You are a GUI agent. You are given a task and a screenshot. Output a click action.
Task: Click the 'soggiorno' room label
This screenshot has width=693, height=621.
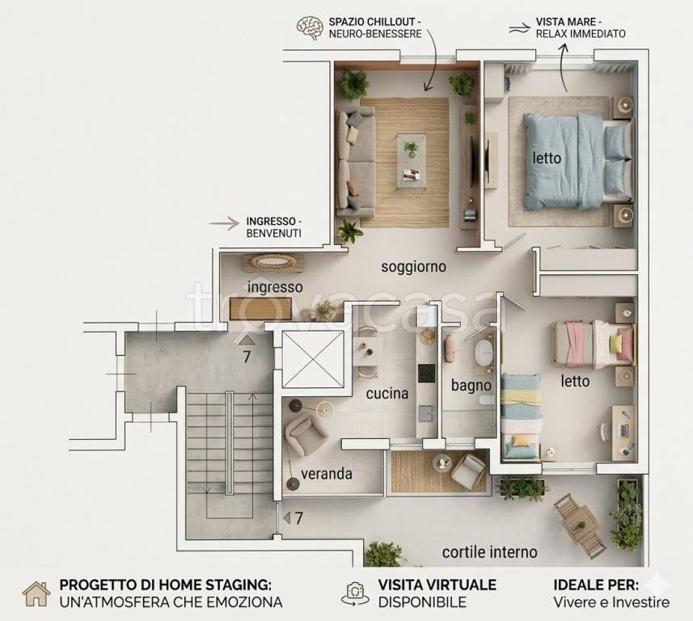click(414, 267)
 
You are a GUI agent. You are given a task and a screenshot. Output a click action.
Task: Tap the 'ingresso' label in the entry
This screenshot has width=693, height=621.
click(275, 287)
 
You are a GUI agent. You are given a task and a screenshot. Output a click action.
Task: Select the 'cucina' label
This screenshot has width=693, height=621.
click(387, 393)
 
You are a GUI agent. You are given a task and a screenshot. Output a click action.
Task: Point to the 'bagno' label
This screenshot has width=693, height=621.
click(471, 386)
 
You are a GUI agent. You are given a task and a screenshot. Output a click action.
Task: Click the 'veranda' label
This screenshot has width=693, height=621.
click(327, 474)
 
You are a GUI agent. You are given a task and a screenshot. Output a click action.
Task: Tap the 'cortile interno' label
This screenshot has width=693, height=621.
click(490, 552)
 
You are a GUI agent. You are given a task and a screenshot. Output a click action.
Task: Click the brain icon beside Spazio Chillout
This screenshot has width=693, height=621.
click(311, 27)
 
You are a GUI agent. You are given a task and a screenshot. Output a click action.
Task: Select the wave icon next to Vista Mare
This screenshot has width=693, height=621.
click(519, 28)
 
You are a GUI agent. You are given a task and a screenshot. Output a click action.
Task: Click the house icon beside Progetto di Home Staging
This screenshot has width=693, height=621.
click(36, 594)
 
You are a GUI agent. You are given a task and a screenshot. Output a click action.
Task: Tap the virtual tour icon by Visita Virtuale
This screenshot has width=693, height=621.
click(355, 594)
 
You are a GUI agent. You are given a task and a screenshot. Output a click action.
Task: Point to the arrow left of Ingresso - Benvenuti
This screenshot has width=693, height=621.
click(224, 224)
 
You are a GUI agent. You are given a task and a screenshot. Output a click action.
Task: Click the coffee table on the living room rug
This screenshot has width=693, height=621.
click(412, 162)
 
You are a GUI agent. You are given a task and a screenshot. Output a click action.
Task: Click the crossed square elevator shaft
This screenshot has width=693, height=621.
click(313, 359)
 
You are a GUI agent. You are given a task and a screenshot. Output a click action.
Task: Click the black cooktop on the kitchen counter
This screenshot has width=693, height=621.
click(427, 373)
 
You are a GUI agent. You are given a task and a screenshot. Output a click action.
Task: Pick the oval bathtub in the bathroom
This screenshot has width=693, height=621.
click(484, 353)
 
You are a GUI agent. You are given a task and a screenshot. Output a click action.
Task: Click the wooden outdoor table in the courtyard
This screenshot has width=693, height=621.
click(581, 526)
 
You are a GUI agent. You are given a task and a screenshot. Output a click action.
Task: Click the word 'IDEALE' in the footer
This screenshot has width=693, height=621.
click(577, 585)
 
